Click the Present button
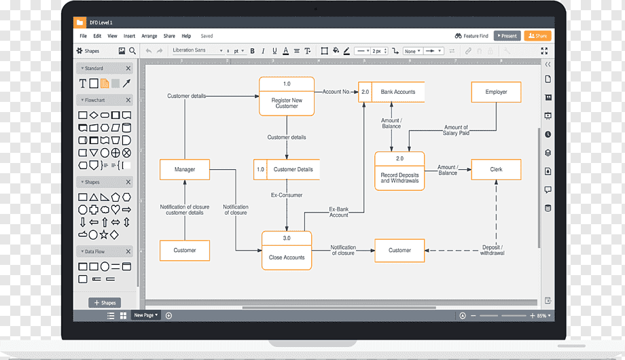click(507, 36)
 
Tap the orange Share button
click(538, 36)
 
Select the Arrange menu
click(149, 36)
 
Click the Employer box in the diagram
click(496, 92)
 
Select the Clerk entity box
click(496, 169)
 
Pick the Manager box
click(185, 169)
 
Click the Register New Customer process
click(287, 96)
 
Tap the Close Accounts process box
click(287, 251)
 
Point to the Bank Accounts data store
click(391, 92)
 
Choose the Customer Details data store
click(287, 169)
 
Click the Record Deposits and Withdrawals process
click(399, 171)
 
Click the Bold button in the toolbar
click(252, 51)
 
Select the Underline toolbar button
click(274, 51)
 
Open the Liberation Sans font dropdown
click(197, 51)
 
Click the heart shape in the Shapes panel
click(115, 209)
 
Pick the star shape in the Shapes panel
click(104, 235)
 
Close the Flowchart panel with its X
click(128, 100)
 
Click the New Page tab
click(145, 315)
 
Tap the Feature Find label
click(476, 36)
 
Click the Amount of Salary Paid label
click(456, 130)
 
